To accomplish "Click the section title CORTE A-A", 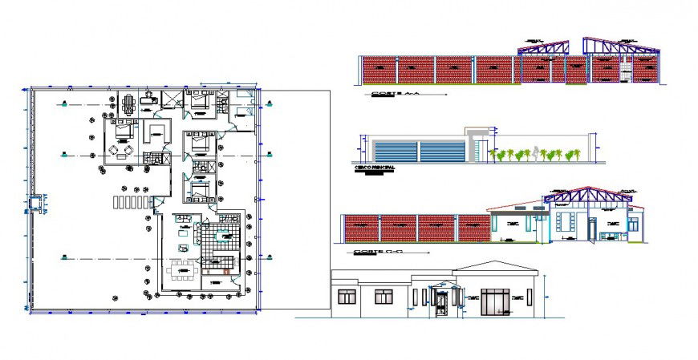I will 396,95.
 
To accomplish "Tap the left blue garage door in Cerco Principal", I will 395,151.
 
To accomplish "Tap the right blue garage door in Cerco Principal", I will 442,151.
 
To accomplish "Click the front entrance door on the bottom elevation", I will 440,303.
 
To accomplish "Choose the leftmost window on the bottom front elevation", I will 347,297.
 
